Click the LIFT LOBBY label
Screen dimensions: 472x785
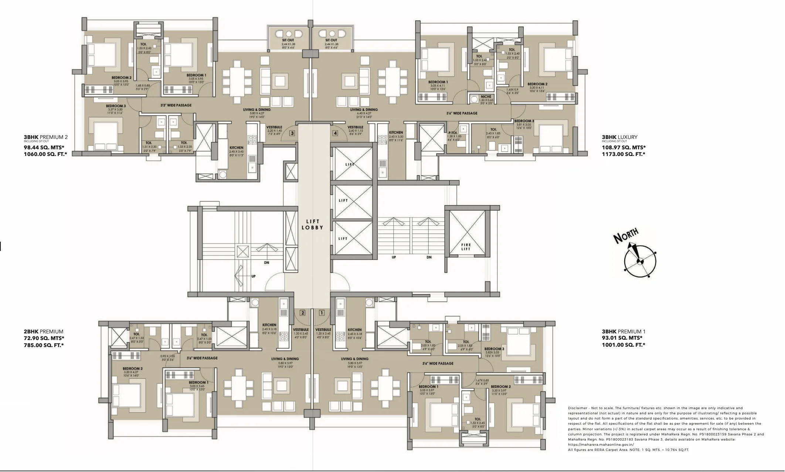click(312, 224)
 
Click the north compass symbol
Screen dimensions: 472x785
click(640, 261)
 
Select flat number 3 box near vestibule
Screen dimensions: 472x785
click(292, 133)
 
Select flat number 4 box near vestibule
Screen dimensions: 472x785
click(335, 133)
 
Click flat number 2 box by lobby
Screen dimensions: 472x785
click(303, 313)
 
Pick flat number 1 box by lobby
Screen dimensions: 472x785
click(322, 313)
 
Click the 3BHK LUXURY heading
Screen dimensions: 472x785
click(619, 137)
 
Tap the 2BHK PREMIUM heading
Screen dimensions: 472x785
click(43, 332)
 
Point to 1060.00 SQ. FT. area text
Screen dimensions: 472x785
click(45, 154)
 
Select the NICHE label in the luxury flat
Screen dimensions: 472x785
click(486, 96)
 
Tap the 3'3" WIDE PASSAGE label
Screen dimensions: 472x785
click(176, 105)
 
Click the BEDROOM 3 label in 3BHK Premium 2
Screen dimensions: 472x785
click(116, 106)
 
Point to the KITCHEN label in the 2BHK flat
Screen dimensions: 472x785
click(269, 325)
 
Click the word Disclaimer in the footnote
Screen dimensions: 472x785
click(577, 408)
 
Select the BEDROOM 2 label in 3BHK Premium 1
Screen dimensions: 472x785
click(501, 387)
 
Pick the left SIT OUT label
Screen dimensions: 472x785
click(288, 40)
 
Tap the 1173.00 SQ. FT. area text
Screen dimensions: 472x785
click(623, 154)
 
